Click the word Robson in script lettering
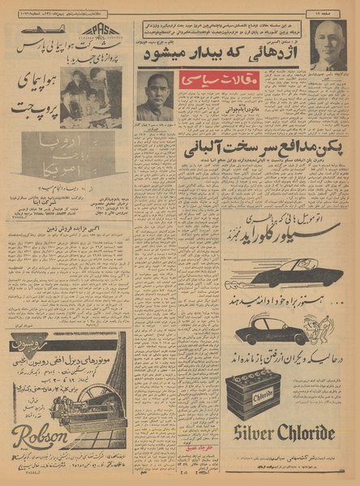[x=40, y=437]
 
